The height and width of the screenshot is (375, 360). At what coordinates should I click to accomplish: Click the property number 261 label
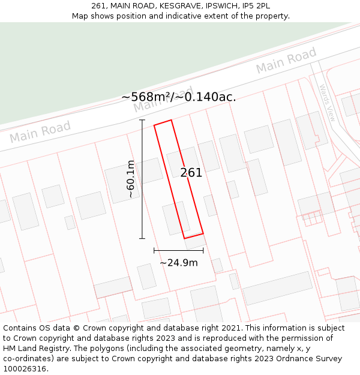[191, 173]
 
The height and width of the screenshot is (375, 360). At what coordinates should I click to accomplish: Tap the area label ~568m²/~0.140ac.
[178, 97]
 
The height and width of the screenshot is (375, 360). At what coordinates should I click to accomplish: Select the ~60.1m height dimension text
[131, 179]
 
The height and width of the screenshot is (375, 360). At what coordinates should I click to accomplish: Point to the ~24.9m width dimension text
[178, 262]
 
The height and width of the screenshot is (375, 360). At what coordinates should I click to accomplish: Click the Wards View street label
[326, 103]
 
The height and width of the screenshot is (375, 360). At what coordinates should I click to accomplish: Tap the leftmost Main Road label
[40, 132]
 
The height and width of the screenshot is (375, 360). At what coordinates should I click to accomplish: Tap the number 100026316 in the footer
[25, 369]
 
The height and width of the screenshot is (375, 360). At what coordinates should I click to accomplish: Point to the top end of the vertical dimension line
[142, 120]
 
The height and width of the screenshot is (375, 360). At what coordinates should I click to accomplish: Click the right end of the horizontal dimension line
[203, 250]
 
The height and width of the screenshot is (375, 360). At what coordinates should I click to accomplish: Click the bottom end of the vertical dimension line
[142, 238]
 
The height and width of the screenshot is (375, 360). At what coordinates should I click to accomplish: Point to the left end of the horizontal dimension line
[154, 250]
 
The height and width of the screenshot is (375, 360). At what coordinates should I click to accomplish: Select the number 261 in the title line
[100, 5]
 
